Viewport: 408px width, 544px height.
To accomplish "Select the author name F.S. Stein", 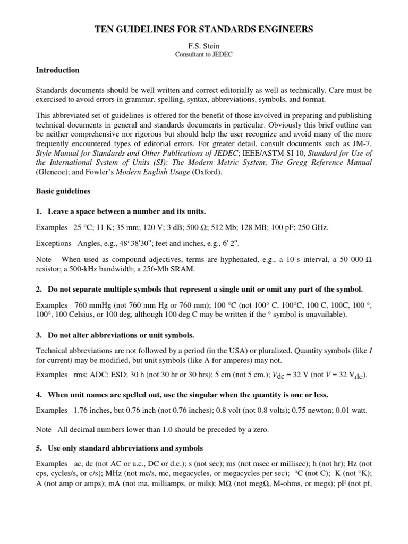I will [x=203, y=46].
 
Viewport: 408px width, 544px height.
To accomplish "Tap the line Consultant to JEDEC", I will [x=203, y=55].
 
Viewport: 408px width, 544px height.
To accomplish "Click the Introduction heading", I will [x=57, y=70].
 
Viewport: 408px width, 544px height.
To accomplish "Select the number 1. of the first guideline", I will [x=39, y=211].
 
